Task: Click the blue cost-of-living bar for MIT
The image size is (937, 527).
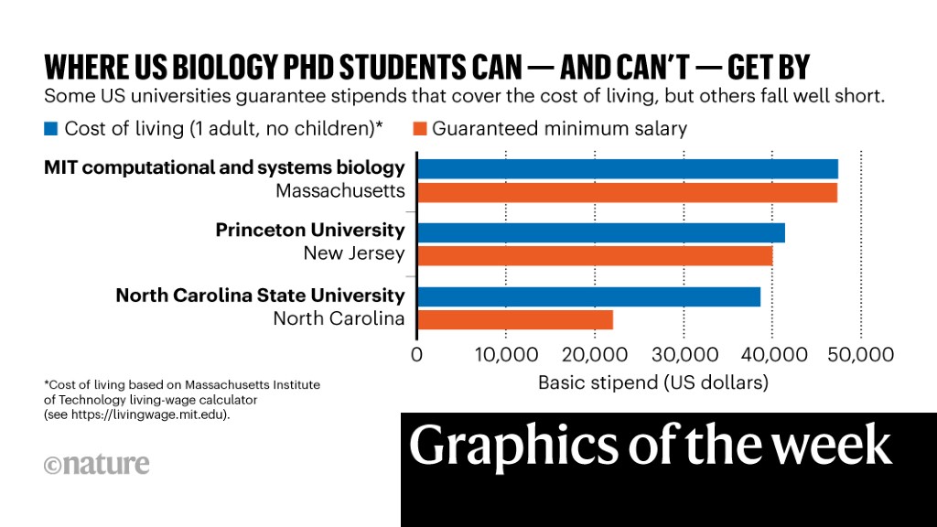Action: coord(628,169)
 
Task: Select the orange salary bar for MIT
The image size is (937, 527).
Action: coord(628,192)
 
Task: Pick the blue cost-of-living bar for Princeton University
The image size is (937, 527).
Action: coord(601,232)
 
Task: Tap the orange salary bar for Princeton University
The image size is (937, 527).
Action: coord(595,255)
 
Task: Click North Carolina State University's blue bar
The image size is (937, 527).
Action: coord(589,296)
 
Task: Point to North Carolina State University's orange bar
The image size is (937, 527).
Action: coord(515,319)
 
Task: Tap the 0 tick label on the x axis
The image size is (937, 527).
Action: coord(417,354)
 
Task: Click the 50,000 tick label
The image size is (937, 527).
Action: coord(860,354)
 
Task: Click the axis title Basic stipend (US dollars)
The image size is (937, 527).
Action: coord(653,382)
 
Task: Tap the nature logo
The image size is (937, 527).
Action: coord(96,464)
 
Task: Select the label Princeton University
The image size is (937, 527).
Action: coord(309,231)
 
